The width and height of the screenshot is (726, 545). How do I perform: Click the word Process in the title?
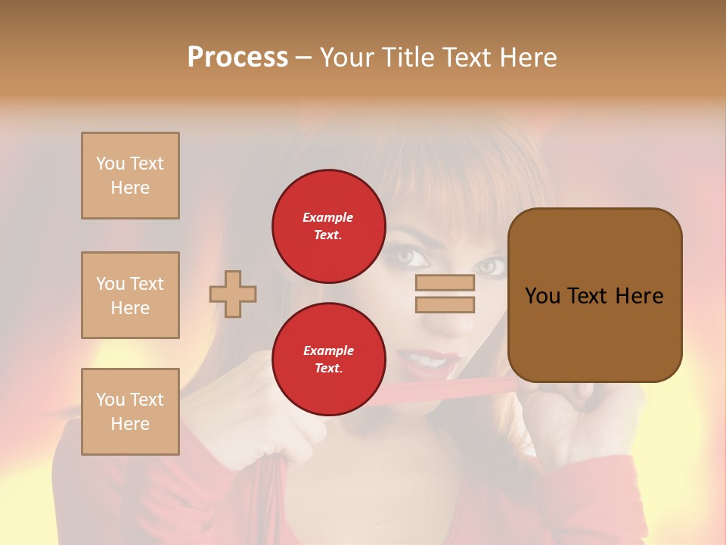237,58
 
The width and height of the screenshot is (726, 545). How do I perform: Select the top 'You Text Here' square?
130,176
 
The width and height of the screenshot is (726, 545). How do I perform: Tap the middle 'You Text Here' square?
130,295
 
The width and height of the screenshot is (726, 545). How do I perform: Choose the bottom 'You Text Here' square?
130,412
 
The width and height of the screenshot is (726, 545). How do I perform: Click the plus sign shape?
233,294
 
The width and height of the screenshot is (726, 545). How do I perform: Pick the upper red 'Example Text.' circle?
328,226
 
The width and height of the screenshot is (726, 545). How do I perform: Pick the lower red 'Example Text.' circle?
328,360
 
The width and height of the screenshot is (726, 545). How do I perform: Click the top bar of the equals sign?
445,282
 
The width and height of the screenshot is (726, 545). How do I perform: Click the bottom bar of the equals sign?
445,304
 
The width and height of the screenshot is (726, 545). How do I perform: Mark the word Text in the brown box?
588,296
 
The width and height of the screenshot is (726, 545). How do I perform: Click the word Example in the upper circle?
328,217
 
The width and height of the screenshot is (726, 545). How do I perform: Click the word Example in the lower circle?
328,350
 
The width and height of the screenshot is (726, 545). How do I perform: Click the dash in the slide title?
303,58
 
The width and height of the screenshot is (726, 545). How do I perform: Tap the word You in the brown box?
542,296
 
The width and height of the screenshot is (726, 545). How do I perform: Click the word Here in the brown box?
639,296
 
